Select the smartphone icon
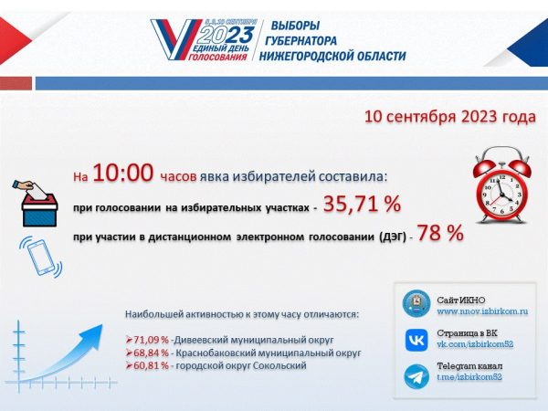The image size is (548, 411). pos(41,258)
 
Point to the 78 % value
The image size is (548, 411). pos(440,234)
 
